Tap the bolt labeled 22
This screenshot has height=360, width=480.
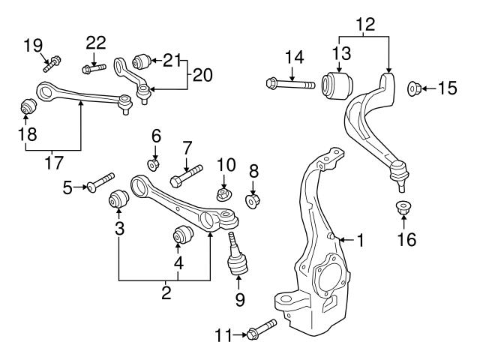click(87, 70)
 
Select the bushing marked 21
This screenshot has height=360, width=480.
click(141, 60)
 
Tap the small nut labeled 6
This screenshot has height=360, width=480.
click(154, 163)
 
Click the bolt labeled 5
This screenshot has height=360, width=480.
click(100, 182)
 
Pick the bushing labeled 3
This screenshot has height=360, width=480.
click(118, 200)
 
